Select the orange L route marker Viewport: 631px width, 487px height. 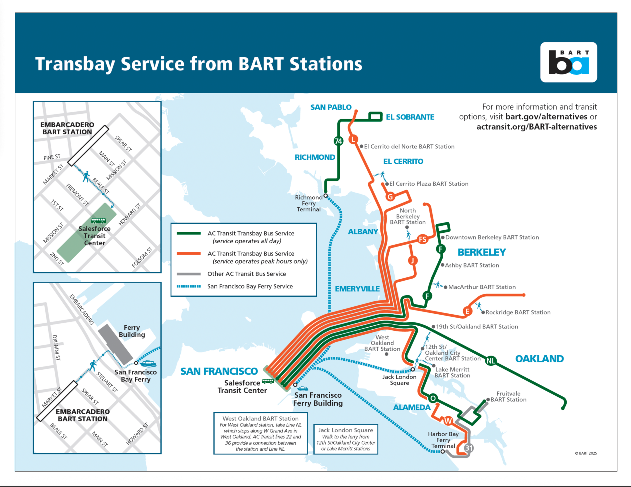pos(353,139)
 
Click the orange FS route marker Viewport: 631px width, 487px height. pos(422,239)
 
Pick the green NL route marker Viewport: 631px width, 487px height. pos(491,361)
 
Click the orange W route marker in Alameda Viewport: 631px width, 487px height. pos(448,421)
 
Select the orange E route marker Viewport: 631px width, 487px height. pos(467,311)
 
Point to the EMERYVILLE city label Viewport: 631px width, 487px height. pos(357,289)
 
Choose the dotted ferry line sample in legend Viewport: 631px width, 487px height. pos(189,286)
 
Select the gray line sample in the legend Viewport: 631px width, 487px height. pos(189,274)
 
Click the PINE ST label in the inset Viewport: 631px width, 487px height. pos(52,157)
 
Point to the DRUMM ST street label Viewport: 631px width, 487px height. pos(56,347)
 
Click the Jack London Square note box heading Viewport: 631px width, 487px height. pos(346,430)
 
